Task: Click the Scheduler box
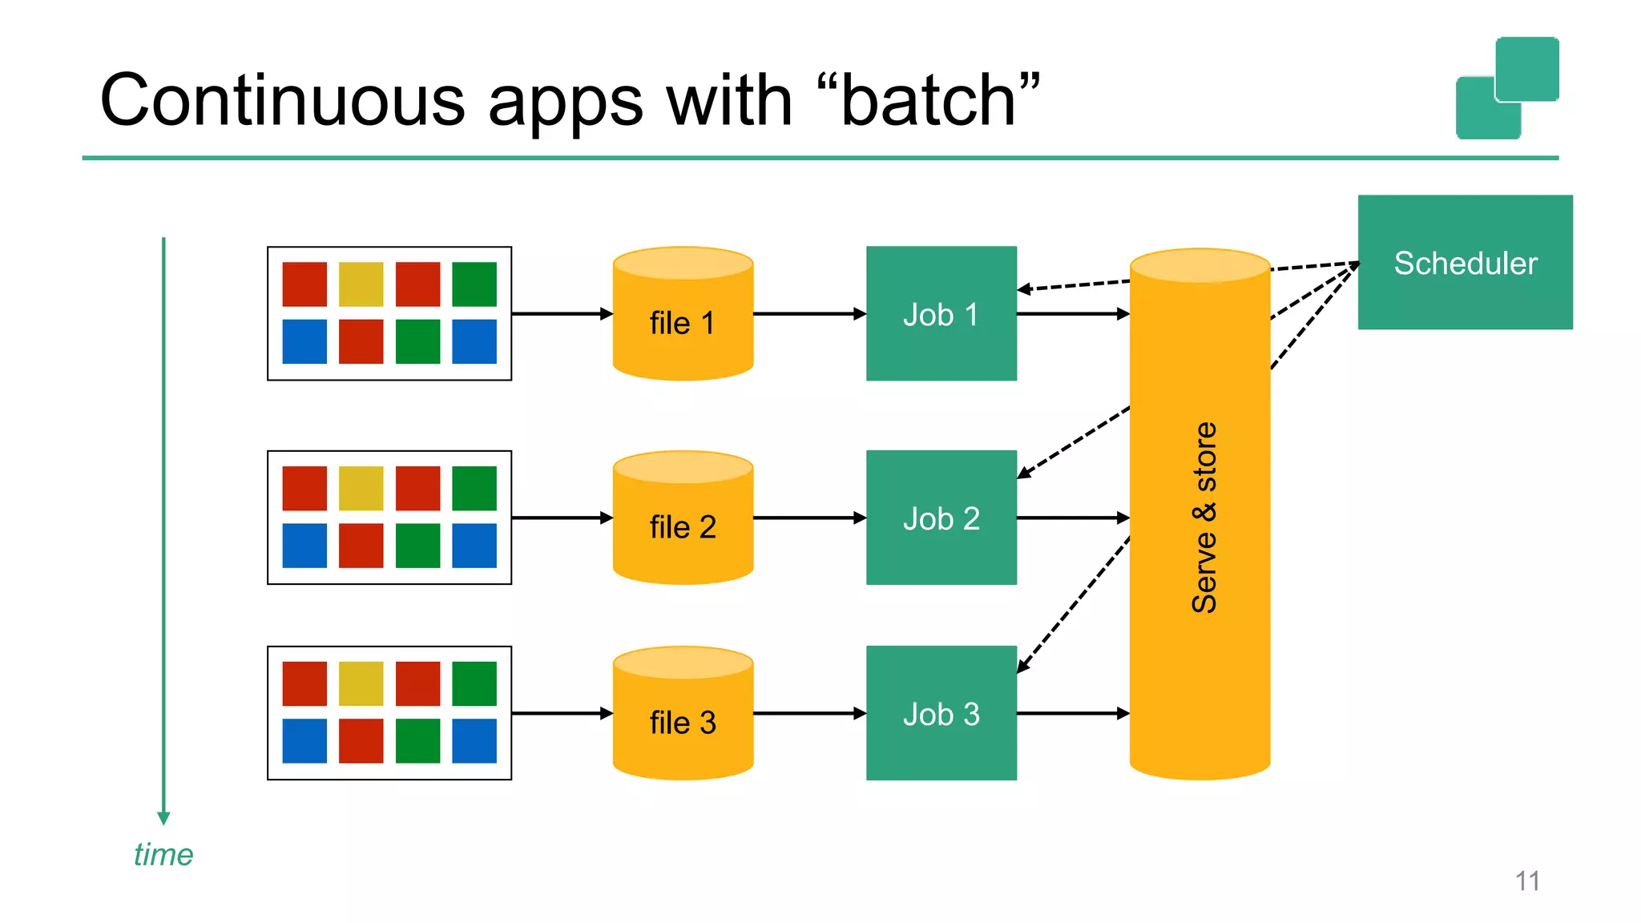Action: (1465, 262)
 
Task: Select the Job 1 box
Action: (941, 313)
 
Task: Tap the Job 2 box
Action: (941, 518)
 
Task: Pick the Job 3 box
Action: (941, 713)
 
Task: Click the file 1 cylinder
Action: (683, 322)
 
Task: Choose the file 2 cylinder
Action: (683, 526)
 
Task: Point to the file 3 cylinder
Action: (683, 722)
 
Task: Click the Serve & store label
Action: (1204, 518)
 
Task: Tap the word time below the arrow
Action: (163, 854)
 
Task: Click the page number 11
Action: (1527, 881)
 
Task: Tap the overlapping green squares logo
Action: (1507, 88)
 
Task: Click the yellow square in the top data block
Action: (361, 284)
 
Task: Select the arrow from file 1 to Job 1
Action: (809, 313)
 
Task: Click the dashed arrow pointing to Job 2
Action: (1074, 443)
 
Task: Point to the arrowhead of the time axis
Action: (163, 818)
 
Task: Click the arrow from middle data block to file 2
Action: (561, 518)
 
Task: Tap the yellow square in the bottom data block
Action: (361, 683)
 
